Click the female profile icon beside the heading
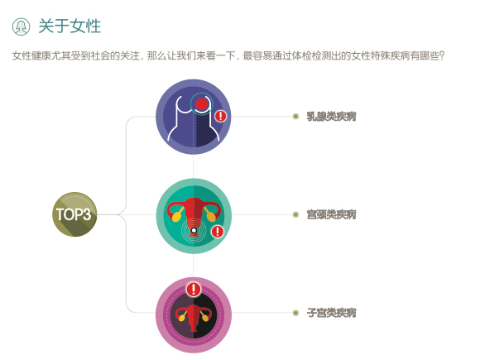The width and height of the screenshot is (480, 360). (x=22, y=26)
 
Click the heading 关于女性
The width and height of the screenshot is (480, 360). (x=70, y=26)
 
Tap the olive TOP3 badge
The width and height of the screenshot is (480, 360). (x=74, y=214)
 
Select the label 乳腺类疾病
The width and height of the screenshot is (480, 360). (x=332, y=117)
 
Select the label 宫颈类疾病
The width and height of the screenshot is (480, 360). (x=332, y=214)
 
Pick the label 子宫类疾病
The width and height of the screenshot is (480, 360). (x=332, y=313)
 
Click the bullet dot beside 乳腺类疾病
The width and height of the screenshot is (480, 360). (x=295, y=117)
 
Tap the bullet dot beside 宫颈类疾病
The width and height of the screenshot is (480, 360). (x=295, y=214)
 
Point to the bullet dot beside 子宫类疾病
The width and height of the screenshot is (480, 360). (x=295, y=313)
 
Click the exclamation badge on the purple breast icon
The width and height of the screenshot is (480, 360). (x=220, y=117)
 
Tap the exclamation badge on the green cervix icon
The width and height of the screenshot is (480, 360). (x=218, y=232)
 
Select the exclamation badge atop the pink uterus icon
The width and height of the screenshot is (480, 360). (x=194, y=289)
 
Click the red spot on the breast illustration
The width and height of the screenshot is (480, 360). (x=202, y=104)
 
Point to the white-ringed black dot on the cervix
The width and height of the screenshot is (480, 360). (x=194, y=231)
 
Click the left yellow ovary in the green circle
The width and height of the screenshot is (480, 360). (x=176, y=217)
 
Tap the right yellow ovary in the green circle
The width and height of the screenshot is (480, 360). (x=211, y=217)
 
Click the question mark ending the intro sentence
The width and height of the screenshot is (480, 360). (x=441, y=56)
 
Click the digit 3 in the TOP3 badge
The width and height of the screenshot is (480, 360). (x=87, y=214)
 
